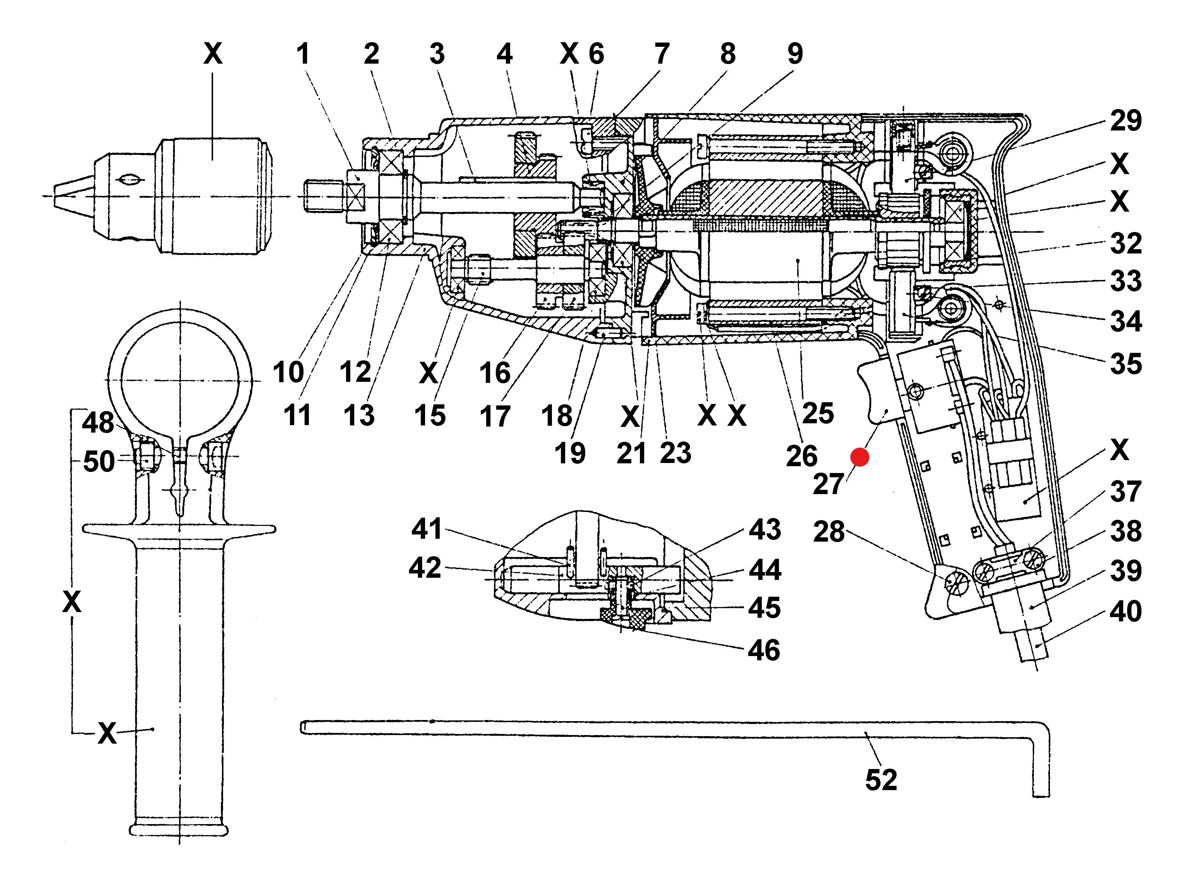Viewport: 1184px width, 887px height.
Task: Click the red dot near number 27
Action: tap(860, 457)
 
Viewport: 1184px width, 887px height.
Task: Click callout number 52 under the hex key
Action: tap(881, 780)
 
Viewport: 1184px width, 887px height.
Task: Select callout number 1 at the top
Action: tap(303, 54)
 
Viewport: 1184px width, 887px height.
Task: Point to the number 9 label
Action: tap(795, 54)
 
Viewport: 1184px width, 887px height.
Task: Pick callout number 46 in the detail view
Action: tap(764, 650)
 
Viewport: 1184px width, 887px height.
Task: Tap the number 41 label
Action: tap(426, 529)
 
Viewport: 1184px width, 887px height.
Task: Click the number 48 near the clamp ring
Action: tap(98, 423)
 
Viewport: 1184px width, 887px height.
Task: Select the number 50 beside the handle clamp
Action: tap(99, 462)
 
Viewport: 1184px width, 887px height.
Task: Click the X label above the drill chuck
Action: tap(212, 54)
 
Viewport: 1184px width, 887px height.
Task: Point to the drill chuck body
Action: tap(214, 196)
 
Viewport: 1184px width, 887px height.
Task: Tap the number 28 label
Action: tap(829, 532)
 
